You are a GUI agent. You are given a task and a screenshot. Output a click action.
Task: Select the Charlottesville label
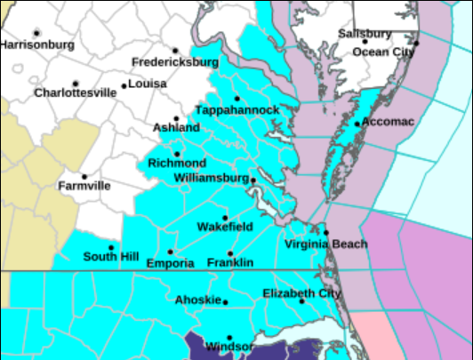click(76, 92)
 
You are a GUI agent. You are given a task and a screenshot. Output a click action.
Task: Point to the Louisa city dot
click(124, 86)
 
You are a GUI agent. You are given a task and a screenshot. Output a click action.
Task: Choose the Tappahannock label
click(238, 109)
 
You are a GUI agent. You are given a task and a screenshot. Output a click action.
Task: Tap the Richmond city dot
click(177, 154)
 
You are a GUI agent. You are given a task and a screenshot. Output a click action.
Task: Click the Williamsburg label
click(209, 178)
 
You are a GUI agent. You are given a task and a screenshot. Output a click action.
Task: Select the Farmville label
click(84, 187)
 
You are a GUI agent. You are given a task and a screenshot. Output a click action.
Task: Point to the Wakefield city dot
click(225, 217)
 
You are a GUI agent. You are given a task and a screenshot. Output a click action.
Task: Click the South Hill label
click(111, 258)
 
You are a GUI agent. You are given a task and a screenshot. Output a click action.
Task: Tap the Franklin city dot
click(230, 253)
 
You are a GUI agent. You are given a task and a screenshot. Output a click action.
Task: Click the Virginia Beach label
click(325, 244)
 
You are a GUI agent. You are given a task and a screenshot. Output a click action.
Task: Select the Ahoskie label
click(196, 300)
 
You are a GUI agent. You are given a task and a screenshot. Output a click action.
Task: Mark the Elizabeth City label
click(301, 293)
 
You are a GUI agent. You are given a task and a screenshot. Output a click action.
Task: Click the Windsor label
click(229, 347)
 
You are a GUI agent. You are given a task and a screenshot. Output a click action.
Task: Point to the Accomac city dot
click(357, 124)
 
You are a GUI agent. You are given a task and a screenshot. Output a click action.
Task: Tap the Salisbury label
click(365, 34)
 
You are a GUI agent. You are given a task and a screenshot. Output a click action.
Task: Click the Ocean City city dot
click(415, 42)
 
